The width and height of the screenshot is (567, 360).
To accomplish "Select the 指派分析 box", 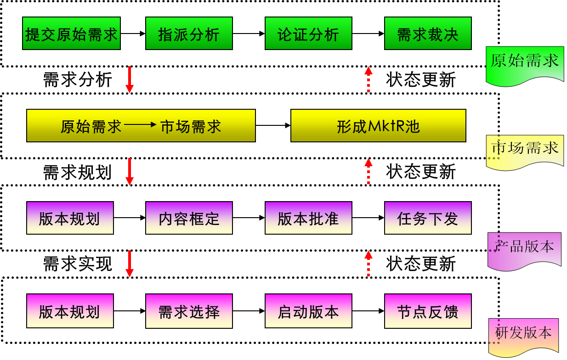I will pyautogui.click(x=189, y=34).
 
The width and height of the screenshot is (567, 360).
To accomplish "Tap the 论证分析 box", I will pyautogui.click(x=308, y=34).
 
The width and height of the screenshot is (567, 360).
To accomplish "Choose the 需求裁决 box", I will pyautogui.click(x=428, y=34).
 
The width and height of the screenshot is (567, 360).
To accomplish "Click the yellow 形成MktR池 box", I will pyautogui.click(x=378, y=126).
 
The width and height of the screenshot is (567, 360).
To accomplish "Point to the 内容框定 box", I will pyautogui.click(x=189, y=218).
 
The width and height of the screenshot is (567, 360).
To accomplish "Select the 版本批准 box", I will pyautogui.click(x=308, y=218).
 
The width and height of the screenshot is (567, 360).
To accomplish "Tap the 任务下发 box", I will pyautogui.click(x=428, y=218).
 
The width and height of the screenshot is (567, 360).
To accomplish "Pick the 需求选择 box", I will pyautogui.click(x=189, y=311).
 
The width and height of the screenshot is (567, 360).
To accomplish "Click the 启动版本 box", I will pyautogui.click(x=308, y=311).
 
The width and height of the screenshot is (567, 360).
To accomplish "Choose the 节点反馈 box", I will pyautogui.click(x=428, y=311).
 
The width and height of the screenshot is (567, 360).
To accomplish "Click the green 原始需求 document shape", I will pyautogui.click(x=524, y=62).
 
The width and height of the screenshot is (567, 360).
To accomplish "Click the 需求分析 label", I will pyautogui.click(x=77, y=79).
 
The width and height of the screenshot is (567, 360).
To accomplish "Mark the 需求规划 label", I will pyautogui.click(x=77, y=172).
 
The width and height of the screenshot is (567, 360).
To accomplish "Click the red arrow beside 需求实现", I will pyautogui.click(x=130, y=264).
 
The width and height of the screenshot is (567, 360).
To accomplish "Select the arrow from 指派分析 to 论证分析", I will pyautogui.click(x=249, y=34).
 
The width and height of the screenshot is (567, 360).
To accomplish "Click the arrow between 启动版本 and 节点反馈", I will pyautogui.click(x=368, y=311).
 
